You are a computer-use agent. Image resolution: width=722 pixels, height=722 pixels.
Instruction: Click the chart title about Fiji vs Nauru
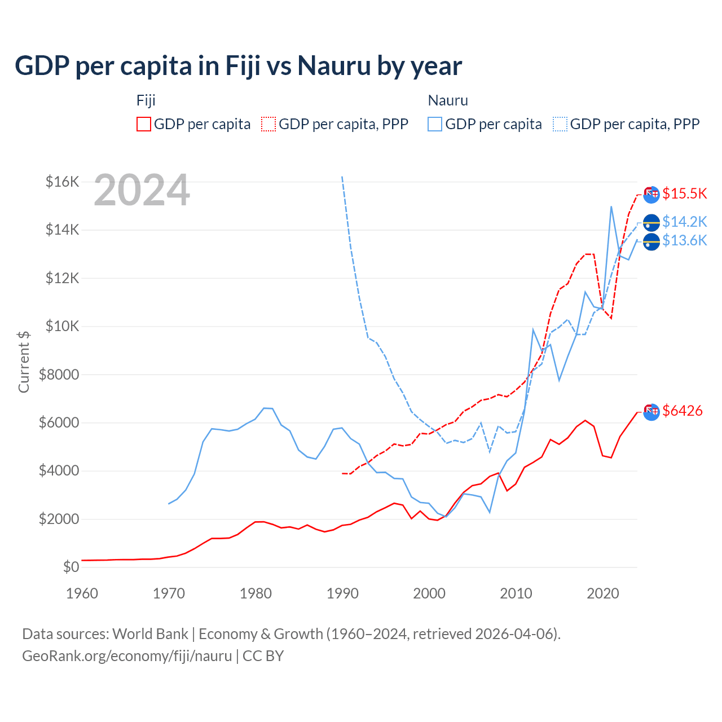pos(238,66)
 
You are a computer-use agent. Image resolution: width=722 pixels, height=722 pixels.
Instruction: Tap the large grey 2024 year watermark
pos(142,191)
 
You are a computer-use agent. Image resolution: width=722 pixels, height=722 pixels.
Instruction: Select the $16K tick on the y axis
pos(62,182)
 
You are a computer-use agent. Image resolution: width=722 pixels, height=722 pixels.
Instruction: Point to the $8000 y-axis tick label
pos(59,375)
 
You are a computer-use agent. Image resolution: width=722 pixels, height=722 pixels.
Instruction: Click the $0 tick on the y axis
pos(71,567)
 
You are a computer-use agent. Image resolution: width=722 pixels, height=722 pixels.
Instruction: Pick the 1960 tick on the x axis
pos(82,593)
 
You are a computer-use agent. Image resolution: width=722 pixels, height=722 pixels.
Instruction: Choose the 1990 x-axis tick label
pos(342,593)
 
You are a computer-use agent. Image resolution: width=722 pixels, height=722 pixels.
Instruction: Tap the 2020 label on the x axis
pos(603,593)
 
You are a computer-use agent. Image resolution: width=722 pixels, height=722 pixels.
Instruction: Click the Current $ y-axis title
pos(24,362)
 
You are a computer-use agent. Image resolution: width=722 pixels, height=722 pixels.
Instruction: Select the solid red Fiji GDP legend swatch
pos(144,124)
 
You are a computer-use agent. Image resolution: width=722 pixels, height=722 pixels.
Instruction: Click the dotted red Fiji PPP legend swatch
pos(268,124)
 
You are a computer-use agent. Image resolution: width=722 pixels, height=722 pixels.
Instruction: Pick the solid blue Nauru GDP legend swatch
pos(435,124)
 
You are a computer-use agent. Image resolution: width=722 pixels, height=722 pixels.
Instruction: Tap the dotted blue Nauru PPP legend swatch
pos(560,124)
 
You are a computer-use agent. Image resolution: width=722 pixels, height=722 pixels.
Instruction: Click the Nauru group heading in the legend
pos(448,100)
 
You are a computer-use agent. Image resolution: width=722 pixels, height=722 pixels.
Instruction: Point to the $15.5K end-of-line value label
pos(684,193)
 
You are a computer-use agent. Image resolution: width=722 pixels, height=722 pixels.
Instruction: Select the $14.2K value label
pos(684,222)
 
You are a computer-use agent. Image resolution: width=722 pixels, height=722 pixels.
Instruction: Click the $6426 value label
pos(682,411)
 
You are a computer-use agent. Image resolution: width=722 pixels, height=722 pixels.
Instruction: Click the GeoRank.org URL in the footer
pos(127,656)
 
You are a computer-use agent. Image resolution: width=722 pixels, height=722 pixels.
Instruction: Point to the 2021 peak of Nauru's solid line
pos(611,206)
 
